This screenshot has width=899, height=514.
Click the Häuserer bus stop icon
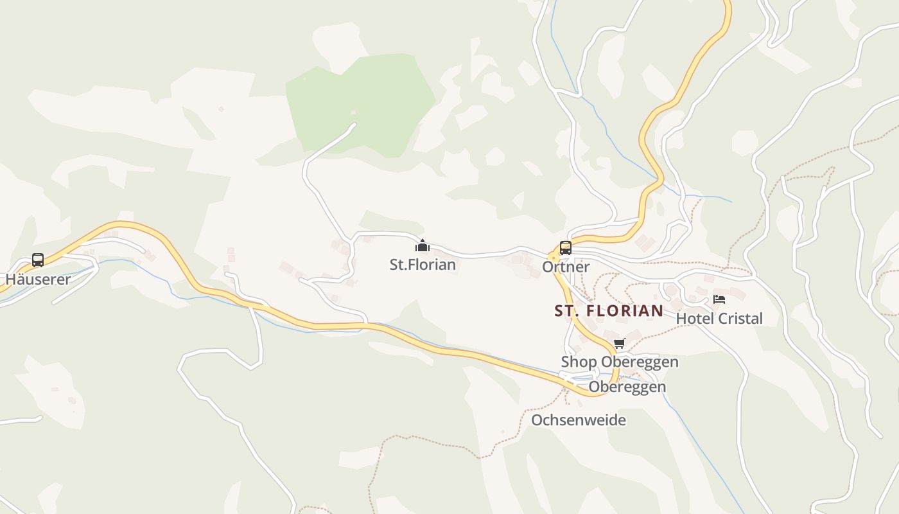point(38,260)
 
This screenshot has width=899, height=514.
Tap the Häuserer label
point(38,279)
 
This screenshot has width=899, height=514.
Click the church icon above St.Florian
point(423,245)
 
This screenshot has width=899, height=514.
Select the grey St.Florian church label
point(423,264)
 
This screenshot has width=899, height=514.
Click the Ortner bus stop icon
point(565,247)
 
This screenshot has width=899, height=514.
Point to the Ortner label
point(566,267)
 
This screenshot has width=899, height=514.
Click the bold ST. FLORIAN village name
point(609,311)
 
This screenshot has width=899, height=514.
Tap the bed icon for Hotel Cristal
point(719,299)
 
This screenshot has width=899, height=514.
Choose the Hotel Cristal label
point(719,318)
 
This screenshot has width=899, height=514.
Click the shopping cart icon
point(619,343)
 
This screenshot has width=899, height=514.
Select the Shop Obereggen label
point(620,362)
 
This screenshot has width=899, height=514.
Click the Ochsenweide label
point(578,420)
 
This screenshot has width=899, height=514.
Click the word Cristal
point(742,318)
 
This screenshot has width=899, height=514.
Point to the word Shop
point(579,362)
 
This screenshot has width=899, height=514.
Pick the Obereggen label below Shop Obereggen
point(627,387)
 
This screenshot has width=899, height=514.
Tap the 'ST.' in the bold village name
point(564,311)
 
